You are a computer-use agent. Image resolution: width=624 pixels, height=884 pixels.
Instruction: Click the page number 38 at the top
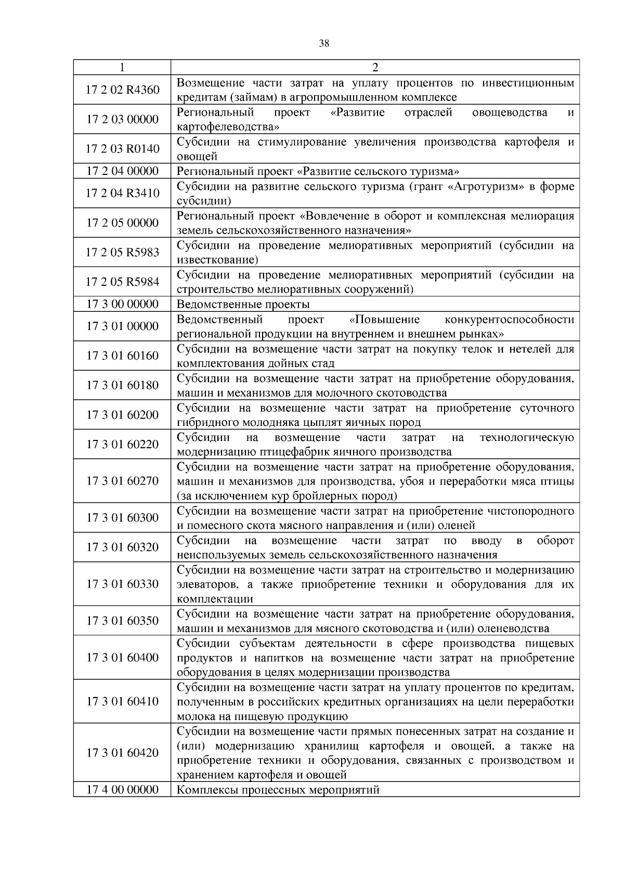323,44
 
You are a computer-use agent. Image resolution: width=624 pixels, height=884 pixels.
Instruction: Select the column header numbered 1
122,67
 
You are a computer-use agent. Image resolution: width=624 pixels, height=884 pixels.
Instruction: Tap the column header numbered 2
375,67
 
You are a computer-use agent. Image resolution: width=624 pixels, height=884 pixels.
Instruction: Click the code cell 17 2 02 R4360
122,90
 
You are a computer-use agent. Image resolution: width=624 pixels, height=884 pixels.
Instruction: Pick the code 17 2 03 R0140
122,149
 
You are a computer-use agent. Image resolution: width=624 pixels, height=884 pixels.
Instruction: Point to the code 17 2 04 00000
122,171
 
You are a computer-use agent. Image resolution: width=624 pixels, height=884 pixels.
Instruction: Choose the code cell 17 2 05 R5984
122,282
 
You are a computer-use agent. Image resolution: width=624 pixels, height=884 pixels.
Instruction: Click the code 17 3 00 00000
122,304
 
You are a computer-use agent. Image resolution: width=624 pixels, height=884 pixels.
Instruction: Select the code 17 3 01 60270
122,481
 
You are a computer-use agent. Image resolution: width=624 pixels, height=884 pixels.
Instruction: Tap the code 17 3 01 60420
122,752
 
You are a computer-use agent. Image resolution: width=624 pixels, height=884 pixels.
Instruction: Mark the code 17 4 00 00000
122,789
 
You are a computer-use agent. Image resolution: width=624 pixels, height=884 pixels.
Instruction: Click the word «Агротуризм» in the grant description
486,186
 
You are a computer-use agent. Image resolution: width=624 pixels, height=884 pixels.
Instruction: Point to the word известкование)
217,260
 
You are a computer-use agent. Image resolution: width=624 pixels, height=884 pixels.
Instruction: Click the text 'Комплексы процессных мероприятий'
278,790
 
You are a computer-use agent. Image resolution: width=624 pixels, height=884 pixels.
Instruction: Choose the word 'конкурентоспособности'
509,319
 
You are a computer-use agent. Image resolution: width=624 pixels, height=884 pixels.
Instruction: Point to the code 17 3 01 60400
122,657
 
